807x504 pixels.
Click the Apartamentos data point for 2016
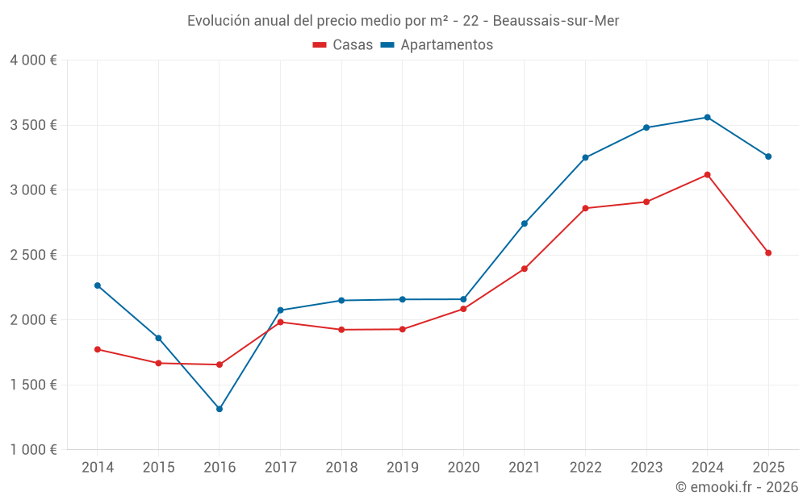(220, 409)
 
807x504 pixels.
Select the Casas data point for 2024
(708, 175)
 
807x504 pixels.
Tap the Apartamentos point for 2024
(708, 118)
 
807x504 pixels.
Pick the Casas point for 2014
(98, 349)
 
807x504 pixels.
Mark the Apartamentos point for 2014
(98, 285)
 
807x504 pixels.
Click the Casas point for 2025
(768, 253)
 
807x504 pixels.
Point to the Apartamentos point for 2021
(525, 223)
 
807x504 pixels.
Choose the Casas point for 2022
(585, 208)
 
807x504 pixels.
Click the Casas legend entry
(343, 45)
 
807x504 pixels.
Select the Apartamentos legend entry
(437, 45)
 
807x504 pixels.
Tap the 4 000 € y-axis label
(33, 60)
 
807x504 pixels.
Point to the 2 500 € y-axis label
(33, 255)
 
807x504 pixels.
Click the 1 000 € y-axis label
(33, 450)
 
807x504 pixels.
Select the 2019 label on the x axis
(402, 467)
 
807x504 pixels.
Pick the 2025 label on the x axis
(768, 467)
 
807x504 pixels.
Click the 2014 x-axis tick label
(98, 467)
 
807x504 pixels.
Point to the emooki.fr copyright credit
(737, 487)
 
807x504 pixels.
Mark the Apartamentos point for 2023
(646, 127)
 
